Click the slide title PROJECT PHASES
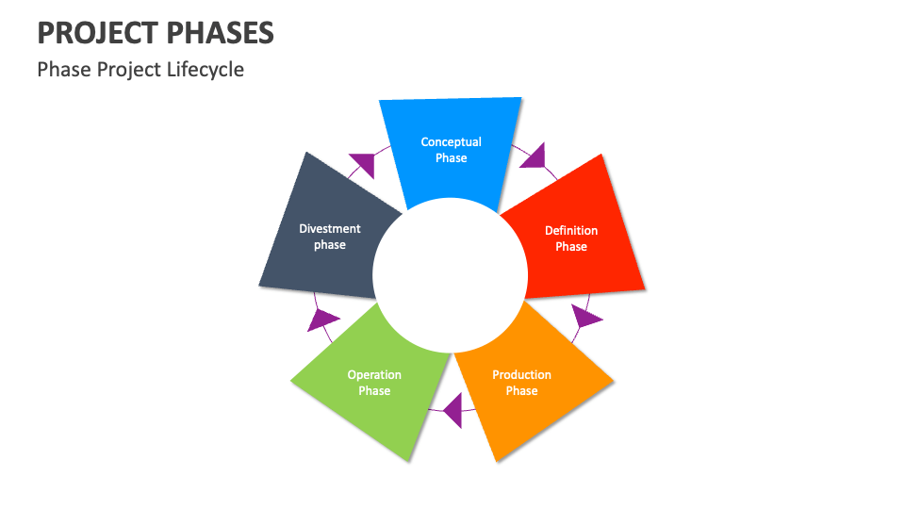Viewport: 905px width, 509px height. [x=156, y=33]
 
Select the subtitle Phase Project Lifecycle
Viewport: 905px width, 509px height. [x=140, y=70]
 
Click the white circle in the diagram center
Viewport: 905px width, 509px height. [x=450, y=274]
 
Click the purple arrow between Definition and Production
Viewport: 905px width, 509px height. [x=585, y=317]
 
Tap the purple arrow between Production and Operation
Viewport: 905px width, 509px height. [x=453, y=411]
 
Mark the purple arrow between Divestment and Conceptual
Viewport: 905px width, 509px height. [x=362, y=164]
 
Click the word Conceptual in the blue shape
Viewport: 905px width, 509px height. [x=451, y=142]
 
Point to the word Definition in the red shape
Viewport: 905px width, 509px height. [x=571, y=230]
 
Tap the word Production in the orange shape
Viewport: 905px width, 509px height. [x=521, y=374]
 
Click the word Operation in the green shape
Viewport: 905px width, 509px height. [x=374, y=374]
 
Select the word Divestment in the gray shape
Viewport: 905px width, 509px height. [x=330, y=228]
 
